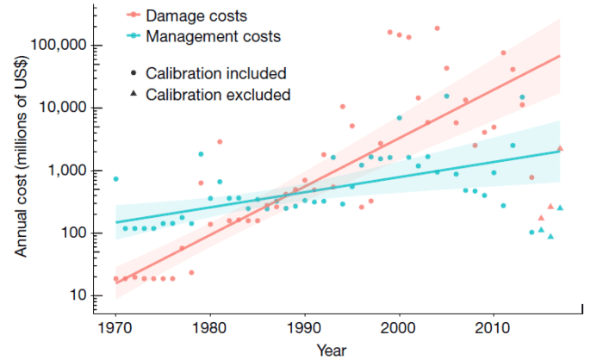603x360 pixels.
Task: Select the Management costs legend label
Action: click(213, 37)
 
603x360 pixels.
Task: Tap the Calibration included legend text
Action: click(215, 73)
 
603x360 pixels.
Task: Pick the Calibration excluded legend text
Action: click(218, 94)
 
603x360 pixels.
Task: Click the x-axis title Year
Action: click(332, 350)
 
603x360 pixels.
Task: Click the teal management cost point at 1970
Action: click(115, 179)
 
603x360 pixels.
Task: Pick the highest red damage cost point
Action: click(437, 28)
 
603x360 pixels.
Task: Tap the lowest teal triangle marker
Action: click(550, 236)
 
